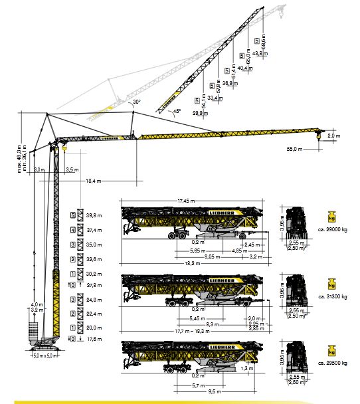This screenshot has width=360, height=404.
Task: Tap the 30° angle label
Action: point(136,102)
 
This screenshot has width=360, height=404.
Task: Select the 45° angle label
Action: point(177,112)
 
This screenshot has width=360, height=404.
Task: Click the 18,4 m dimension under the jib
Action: point(93,181)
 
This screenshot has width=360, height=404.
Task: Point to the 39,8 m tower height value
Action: point(94,215)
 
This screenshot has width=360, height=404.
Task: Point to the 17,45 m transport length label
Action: point(187,201)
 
